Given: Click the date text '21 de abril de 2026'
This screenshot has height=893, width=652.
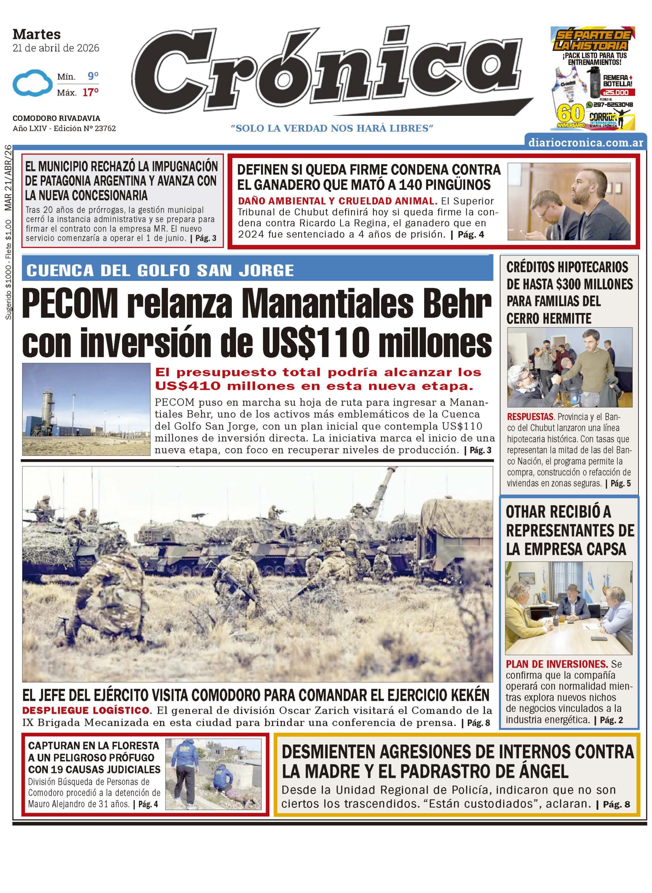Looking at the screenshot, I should [x=56, y=48].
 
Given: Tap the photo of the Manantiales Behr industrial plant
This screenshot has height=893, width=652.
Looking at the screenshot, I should [x=86, y=409].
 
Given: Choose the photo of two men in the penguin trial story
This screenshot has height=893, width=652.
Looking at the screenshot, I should [x=569, y=202].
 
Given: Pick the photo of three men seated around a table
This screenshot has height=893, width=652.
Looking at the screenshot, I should [x=569, y=608].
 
